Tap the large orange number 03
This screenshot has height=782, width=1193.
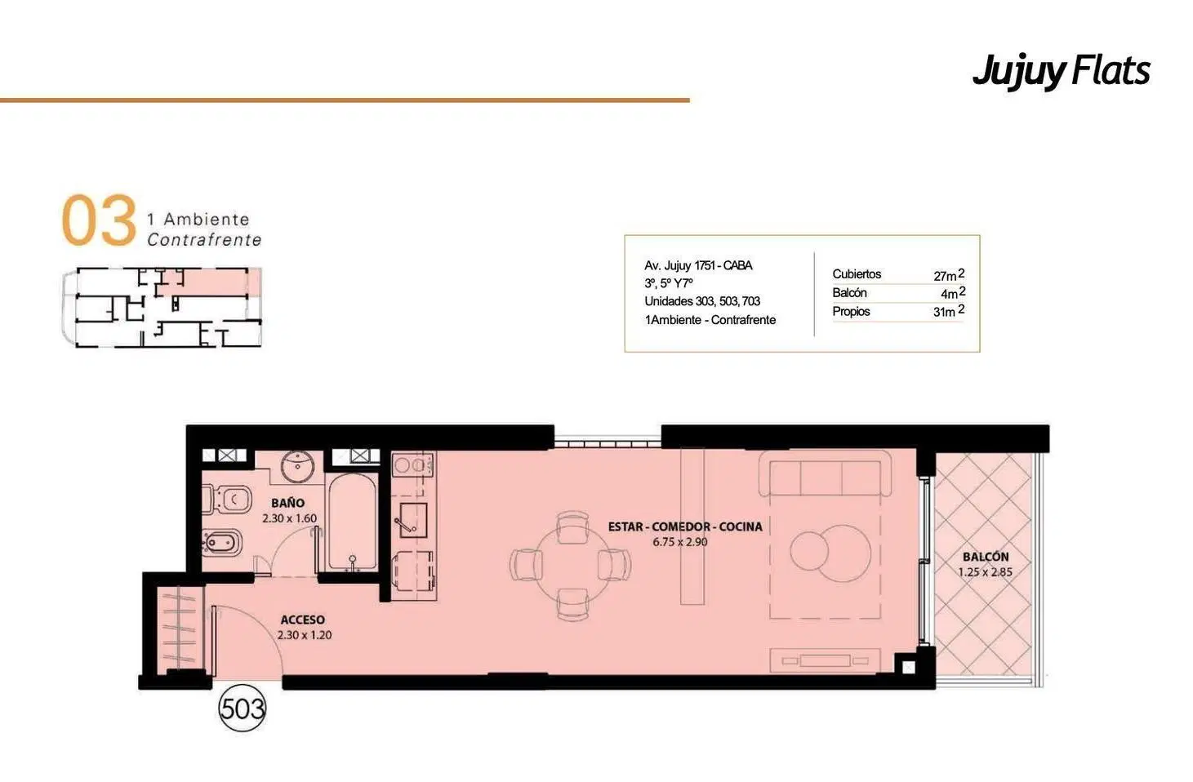pos(99,220)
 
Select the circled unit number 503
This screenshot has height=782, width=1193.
pos(243,708)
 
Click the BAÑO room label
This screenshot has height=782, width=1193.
pos(287,503)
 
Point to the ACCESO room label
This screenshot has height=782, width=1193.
pos(302,620)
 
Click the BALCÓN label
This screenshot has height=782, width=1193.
pos(986,557)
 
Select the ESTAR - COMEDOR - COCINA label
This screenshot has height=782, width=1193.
pos(685,527)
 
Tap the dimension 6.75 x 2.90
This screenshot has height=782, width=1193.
pos(680,542)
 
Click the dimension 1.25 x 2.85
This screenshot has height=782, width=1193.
pos(985,572)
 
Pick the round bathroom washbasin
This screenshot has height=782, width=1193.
pos(297,466)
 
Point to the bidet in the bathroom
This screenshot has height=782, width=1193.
pos(222,544)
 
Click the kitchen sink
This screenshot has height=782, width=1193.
pos(410,520)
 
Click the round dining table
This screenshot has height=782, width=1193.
pos(572,566)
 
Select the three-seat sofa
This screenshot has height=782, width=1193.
pos(825,474)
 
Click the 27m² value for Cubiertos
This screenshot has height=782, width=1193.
pos(949,275)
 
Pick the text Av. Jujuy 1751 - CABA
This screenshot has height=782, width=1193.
pos(698,265)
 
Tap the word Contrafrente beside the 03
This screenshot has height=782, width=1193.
pos(204,240)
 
